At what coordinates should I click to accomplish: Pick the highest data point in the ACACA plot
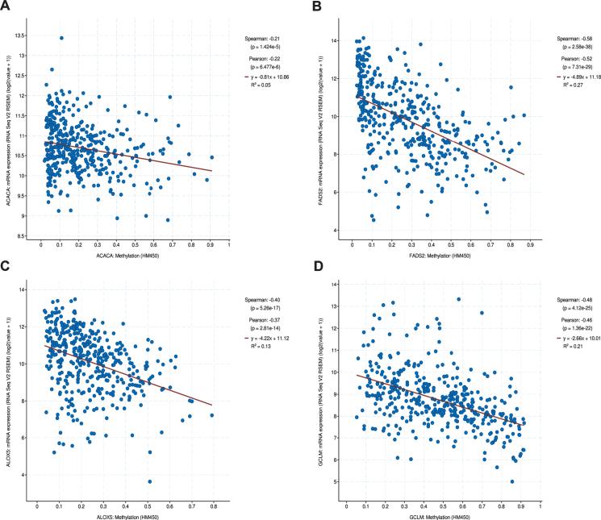coord(61,38)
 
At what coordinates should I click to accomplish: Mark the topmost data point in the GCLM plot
coord(458,299)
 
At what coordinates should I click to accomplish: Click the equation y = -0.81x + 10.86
coord(271,77)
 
